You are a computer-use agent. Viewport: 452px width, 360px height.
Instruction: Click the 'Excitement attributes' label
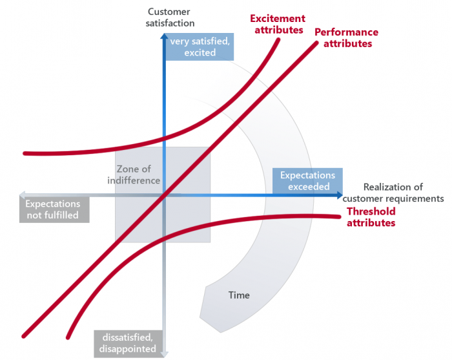click(277, 25)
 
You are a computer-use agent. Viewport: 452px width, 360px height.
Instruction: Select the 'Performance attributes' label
click(346, 38)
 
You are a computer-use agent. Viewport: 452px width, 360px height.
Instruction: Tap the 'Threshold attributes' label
click(371, 217)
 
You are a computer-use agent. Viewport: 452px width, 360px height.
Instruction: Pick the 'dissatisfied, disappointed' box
click(128, 343)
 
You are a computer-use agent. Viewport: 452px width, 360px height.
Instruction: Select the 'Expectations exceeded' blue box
click(307, 181)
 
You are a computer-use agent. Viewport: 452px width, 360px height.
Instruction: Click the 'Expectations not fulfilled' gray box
click(52, 209)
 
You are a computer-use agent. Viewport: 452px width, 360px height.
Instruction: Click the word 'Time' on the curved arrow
click(239, 295)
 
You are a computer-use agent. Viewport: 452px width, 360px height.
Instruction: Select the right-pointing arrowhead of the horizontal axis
click(338, 194)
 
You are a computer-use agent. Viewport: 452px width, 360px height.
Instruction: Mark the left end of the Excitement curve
click(25, 153)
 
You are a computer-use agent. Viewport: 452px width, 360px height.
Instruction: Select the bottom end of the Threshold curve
click(67, 337)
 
